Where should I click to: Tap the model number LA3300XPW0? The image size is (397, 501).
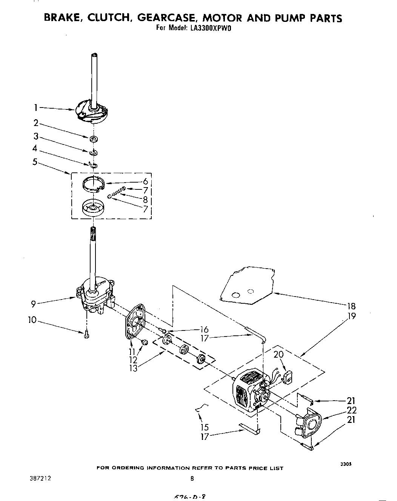coord(209,28)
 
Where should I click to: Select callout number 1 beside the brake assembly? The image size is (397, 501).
coord(36,108)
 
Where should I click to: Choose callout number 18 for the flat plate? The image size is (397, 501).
coord(351,306)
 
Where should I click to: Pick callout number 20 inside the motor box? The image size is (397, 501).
coord(278,355)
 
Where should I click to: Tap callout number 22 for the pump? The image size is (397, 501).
coord(351,410)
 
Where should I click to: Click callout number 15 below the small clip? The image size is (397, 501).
coord(205,427)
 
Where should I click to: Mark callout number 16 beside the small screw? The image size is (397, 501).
coord(204,329)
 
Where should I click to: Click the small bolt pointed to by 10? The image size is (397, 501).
coord(87,334)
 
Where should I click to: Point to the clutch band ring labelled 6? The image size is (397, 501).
coord(93,184)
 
